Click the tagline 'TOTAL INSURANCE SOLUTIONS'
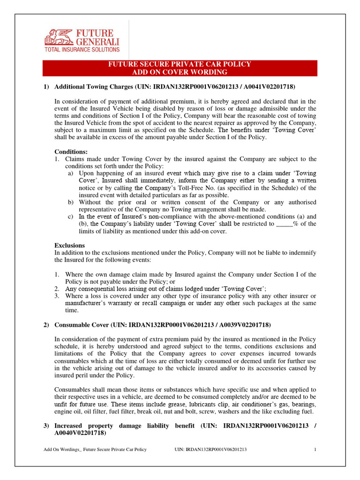82,49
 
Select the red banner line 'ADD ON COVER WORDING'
180,72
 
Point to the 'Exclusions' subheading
70,245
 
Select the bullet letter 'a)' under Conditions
71,173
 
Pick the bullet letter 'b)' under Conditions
71,202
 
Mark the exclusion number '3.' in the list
56,296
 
